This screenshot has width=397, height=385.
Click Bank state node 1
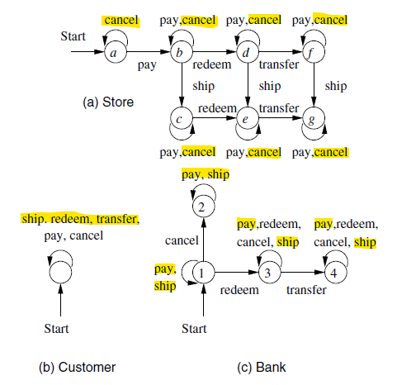[x=203, y=273]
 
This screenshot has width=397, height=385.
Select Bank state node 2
[x=203, y=207]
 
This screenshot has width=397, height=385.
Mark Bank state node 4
[x=334, y=273]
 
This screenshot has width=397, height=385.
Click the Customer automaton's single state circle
[x=62, y=272]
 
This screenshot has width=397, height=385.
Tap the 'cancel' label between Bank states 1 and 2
[x=182, y=240]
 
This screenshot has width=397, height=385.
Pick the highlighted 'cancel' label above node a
[x=121, y=18]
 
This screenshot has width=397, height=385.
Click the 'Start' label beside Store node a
[x=73, y=37]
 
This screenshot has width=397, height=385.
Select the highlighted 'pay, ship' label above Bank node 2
[x=206, y=174]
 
